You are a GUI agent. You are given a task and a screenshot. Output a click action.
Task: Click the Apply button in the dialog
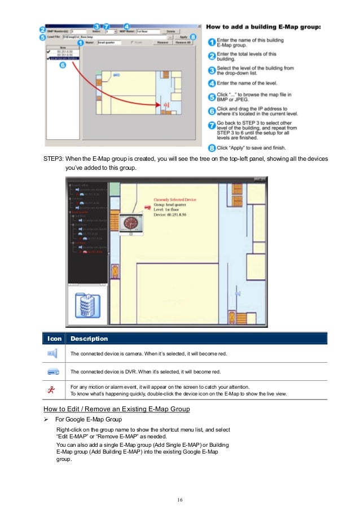[x=183, y=37]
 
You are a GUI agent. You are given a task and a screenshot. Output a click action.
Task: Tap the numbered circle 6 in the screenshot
[x=63, y=65]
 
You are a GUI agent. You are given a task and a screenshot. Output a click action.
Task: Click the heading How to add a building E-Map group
[x=264, y=27]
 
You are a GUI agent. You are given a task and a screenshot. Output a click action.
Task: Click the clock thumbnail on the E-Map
[x=131, y=225]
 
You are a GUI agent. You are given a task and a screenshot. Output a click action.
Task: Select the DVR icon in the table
[x=54, y=372]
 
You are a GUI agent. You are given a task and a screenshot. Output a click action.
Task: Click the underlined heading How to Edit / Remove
[x=116, y=409]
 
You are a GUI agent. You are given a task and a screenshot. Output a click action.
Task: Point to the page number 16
[x=179, y=499]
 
